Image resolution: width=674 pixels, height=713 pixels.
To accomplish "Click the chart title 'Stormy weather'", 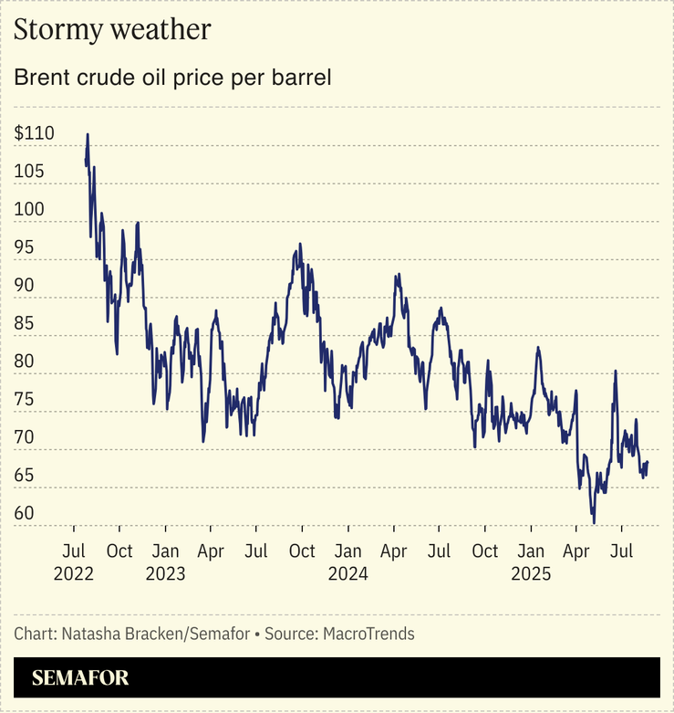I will [112, 30].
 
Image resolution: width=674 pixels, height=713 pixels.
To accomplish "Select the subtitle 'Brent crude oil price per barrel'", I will [171, 78].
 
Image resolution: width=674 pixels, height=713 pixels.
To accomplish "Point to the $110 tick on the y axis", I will [35, 133].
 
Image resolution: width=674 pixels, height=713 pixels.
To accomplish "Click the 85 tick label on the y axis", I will [25, 323].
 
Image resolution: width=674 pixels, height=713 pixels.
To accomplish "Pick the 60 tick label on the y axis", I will [25, 514].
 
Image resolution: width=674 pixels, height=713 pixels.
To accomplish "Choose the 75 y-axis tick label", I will [25, 399].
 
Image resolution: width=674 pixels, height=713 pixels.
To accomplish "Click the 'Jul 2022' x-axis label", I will [73, 562].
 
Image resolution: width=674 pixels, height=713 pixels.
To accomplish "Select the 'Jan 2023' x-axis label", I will [165, 562].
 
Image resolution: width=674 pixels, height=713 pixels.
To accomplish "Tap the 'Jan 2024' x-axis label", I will [347, 562].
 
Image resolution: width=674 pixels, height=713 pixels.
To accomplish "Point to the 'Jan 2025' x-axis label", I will [531, 562].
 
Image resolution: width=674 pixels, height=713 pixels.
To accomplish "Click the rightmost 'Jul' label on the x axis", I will [622, 551].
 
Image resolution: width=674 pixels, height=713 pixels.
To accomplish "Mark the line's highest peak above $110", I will [88, 134].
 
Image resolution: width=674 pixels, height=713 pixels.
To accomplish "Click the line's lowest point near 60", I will [594, 522].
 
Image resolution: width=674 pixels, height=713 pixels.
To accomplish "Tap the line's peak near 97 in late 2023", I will [298, 245].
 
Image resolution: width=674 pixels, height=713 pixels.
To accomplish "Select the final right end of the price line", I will [648, 463].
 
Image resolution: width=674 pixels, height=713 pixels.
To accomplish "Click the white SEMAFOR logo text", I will [80, 678].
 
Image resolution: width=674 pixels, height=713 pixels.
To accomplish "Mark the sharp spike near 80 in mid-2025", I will [616, 371].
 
